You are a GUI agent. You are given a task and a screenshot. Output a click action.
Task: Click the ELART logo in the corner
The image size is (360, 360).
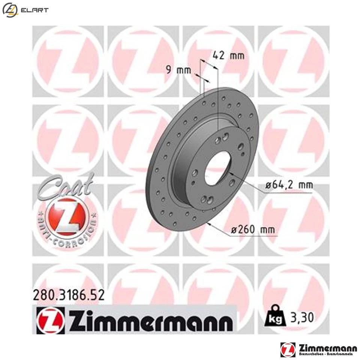click(x=25, y=10)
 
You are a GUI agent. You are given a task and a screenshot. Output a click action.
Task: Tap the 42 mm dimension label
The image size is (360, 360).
click(x=228, y=56)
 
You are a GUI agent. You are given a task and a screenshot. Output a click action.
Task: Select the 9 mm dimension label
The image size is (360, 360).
click(x=179, y=70)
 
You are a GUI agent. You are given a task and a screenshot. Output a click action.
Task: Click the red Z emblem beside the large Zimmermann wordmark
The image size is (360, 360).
click(x=51, y=321)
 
